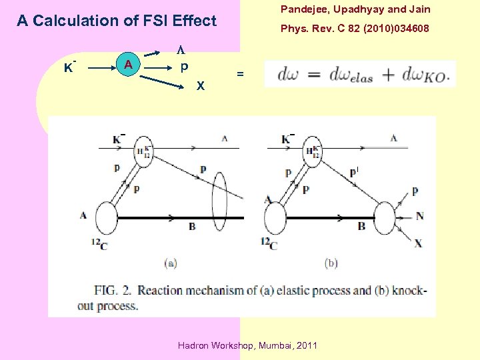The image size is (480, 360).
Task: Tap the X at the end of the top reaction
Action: [201, 85]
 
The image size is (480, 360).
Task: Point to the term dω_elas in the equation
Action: [349, 75]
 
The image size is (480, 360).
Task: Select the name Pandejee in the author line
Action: [304, 9]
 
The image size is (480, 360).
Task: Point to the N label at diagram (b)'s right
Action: [419, 216]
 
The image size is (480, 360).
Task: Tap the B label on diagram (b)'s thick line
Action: [361, 227]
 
